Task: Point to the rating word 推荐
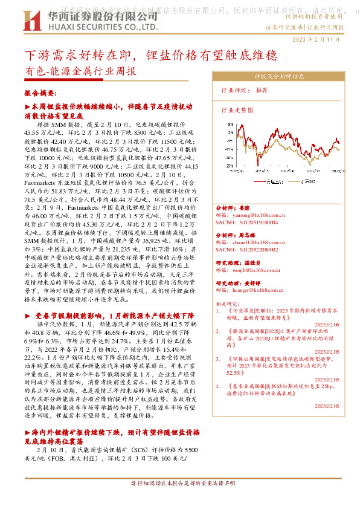(262, 89)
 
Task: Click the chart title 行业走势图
(236, 111)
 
